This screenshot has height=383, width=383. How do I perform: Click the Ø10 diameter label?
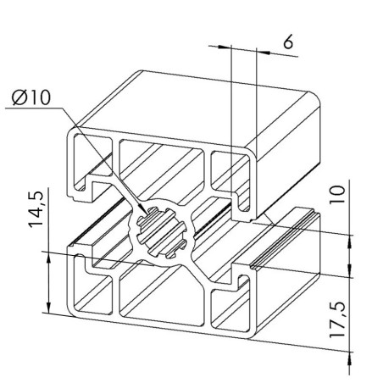(32, 99)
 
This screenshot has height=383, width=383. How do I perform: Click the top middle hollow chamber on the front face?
(162, 169)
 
